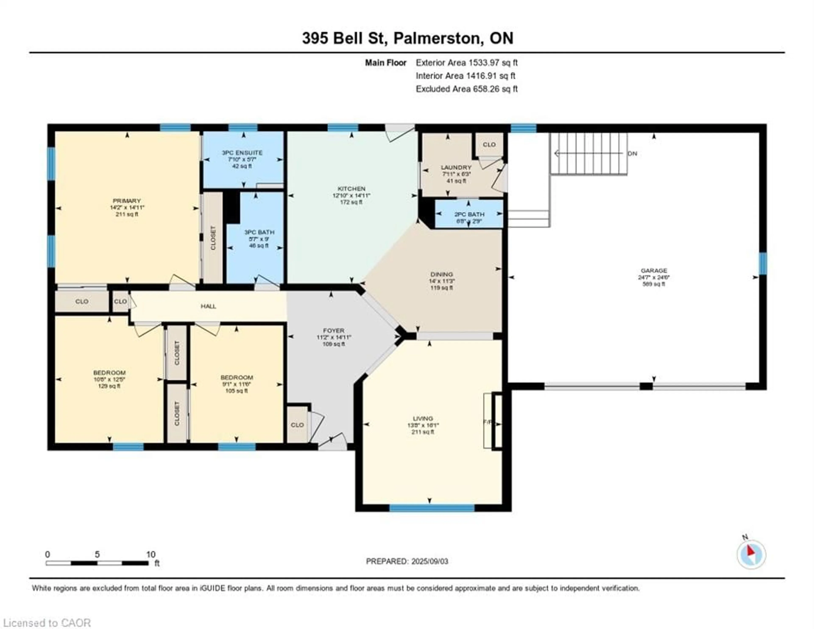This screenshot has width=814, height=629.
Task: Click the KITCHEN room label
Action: (351, 189)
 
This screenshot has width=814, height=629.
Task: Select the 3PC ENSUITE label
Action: (242, 152)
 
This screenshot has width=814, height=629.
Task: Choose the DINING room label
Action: (442, 274)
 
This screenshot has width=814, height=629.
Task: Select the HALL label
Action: (208, 306)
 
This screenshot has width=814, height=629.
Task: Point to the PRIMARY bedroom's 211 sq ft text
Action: (127, 214)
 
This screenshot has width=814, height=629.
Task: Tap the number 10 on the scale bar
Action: (151, 554)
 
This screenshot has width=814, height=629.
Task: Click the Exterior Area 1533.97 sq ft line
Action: (467, 63)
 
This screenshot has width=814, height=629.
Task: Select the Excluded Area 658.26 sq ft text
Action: (467, 89)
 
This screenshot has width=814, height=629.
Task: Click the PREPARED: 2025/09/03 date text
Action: (407, 561)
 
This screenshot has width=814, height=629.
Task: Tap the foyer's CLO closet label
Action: (297, 425)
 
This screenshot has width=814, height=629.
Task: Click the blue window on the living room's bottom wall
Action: (432, 508)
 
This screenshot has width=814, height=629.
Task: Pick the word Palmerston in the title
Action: (437, 38)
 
